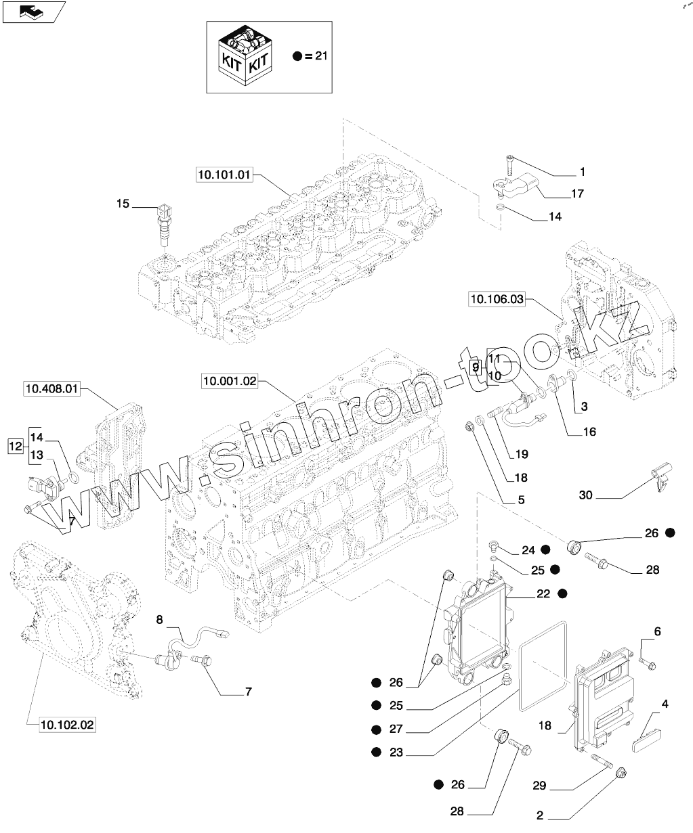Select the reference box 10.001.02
coord(230,382)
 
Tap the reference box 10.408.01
coord(52,388)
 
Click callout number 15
coord(122,202)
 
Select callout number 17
coord(577,194)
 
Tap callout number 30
coord(586,495)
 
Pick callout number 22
coord(542,593)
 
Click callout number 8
coord(160,618)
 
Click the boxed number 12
coord(15,445)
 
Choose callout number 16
coord(589,431)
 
